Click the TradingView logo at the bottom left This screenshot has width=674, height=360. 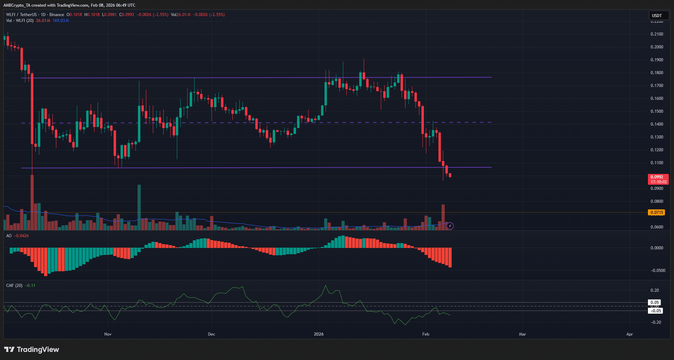(x=32, y=349)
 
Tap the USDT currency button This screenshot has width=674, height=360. (x=657, y=16)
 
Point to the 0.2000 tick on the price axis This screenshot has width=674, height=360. (x=657, y=47)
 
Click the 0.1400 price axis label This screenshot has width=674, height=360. (x=657, y=124)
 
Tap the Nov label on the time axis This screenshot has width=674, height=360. (x=108, y=334)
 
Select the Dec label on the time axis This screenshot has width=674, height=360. (x=211, y=334)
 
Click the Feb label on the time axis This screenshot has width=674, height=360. (x=426, y=334)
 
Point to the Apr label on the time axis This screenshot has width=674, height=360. (x=629, y=334)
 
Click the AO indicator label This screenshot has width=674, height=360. (x=9, y=236)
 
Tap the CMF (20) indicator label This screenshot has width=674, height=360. (x=15, y=285)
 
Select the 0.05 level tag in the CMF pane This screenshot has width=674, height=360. (x=654, y=302)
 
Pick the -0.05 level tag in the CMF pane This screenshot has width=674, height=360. (x=655, y=311)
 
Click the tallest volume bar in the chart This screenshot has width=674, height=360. (x=32, y=202)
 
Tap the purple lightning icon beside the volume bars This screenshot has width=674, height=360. (x=450, y=226)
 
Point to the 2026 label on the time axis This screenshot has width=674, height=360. (x=319, y=334)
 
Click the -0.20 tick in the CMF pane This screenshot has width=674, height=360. (x=655, y=322)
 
